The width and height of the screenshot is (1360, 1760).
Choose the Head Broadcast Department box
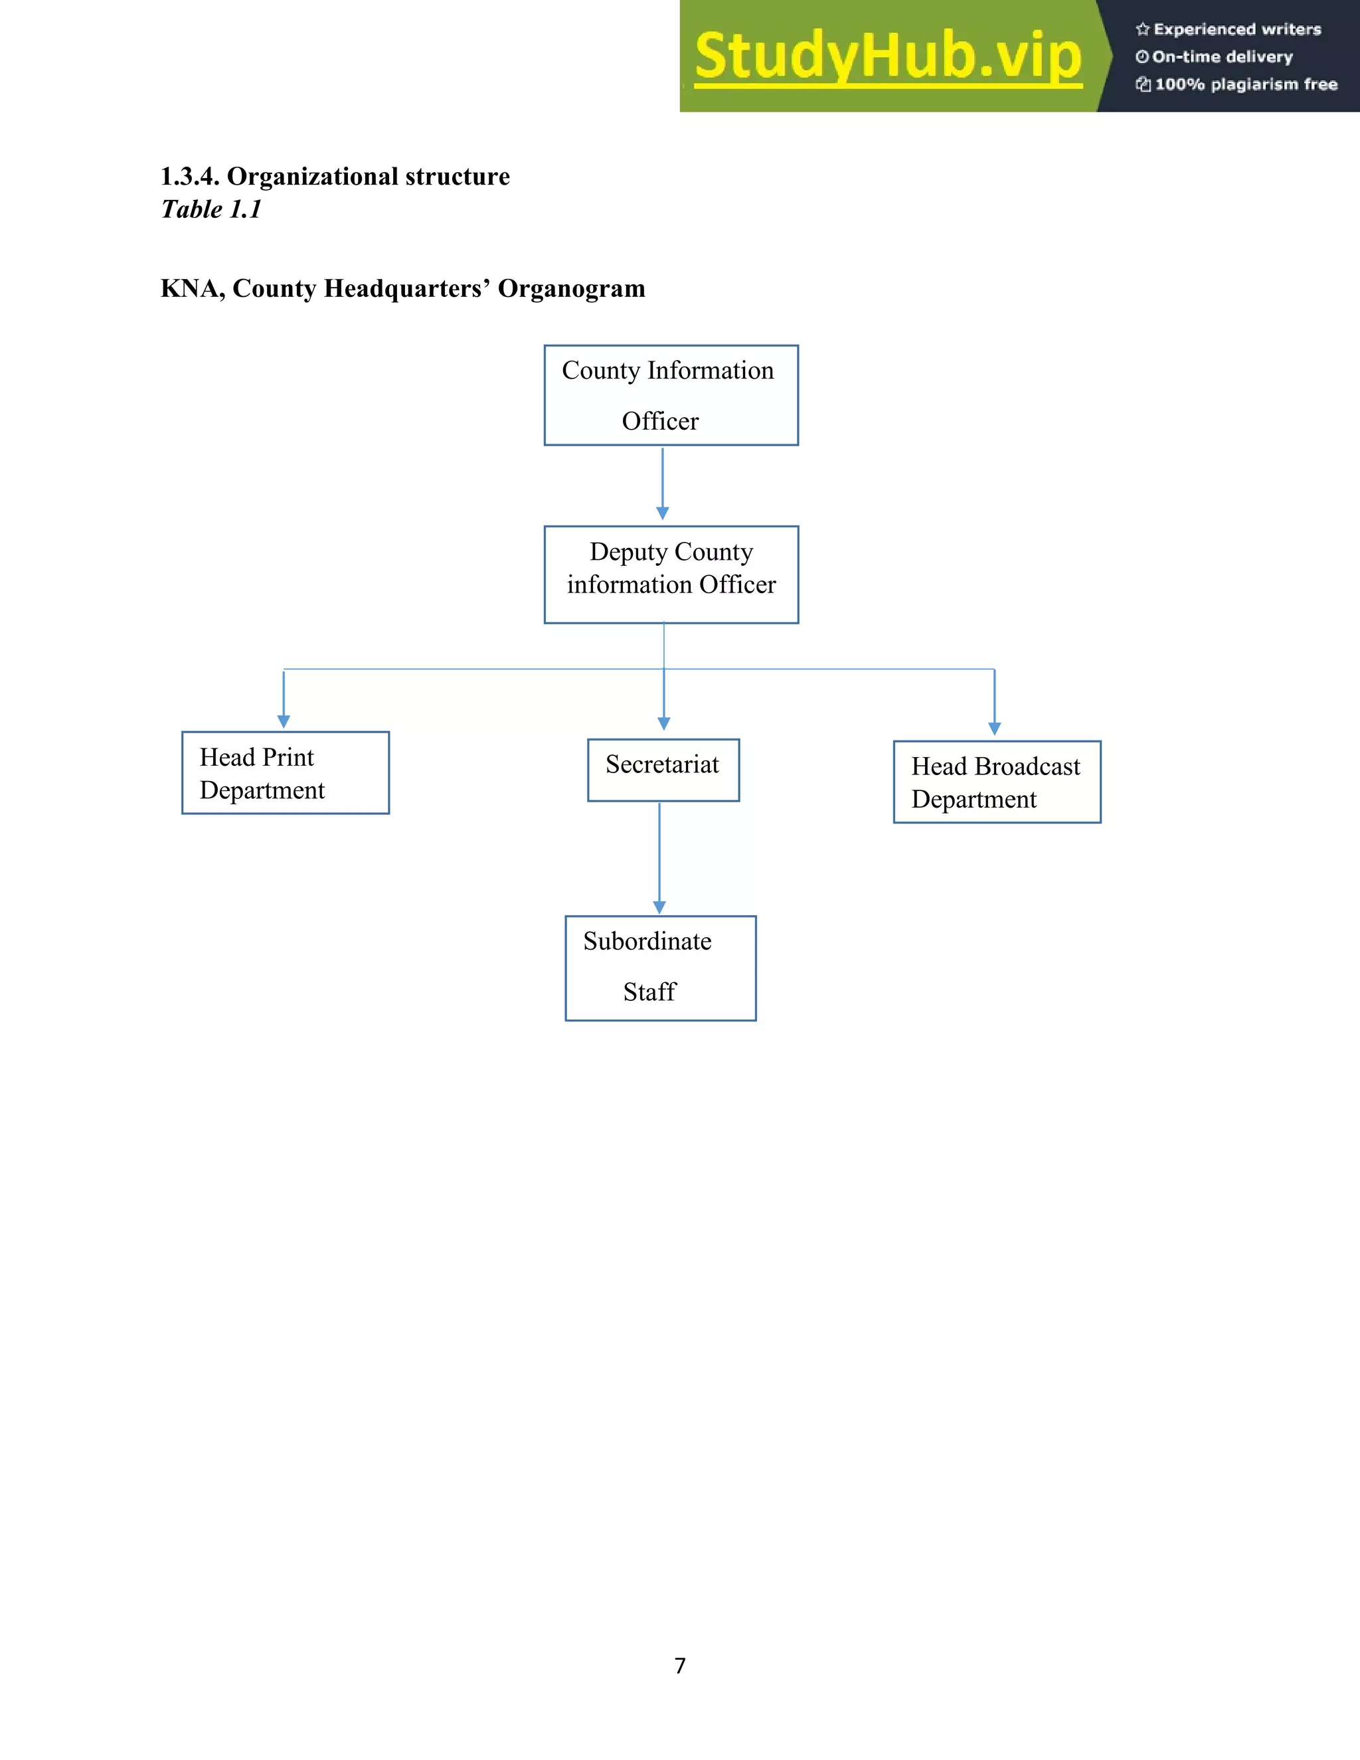pyautogui.click(x=997, y=781)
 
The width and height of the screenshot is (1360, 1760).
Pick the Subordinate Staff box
pyautogui.click(x=660, y=967)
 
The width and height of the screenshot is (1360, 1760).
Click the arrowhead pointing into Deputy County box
pyautogui.click(x=662, y=513)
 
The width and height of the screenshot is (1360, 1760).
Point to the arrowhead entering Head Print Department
pyautogui.click(x=284, y=721)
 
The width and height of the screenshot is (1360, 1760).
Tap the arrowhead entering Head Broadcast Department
pyautogui.click(x=994, y=729)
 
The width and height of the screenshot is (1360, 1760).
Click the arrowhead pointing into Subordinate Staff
pyautogui.click(x=659, y=907)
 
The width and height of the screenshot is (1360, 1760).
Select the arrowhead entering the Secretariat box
pyautogui.click(x=664, y=724)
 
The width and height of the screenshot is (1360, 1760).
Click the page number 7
pyautogui.click(x=680, y=1665)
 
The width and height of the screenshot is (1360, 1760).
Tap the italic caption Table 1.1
pyautogui.click(x=211, y=209)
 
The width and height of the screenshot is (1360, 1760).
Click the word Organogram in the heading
pyautogui.click(x=571, y=288)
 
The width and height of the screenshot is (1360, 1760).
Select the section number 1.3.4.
pyautogui.click(x=189, y=177)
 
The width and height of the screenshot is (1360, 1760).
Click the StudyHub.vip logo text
pyautogui.click(x=887, y=56)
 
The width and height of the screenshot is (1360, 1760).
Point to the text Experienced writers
pyautogui.click(x=1236, y=30)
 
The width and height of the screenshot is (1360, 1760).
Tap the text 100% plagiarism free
pyautogui.click(x=1246, y=84)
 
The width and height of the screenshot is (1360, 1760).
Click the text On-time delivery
pyautogui.click(x=1221, y=57)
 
